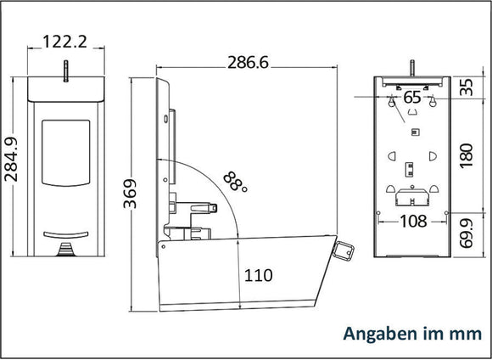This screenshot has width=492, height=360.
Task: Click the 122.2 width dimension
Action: [64, 42]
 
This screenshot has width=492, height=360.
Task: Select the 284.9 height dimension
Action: [11, 160]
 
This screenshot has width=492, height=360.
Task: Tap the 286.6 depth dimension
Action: [248, 62]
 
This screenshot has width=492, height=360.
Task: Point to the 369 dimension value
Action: [130, 194]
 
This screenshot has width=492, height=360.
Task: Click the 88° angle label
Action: [236, 182]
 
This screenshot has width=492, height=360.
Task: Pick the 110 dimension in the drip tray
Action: [258, 275]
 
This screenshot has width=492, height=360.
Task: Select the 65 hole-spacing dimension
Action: [412, 98]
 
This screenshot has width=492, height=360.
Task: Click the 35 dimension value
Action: [467, 87]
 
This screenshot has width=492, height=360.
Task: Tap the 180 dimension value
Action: [467, 155]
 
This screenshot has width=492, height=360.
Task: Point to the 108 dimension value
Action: [413, 222]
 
